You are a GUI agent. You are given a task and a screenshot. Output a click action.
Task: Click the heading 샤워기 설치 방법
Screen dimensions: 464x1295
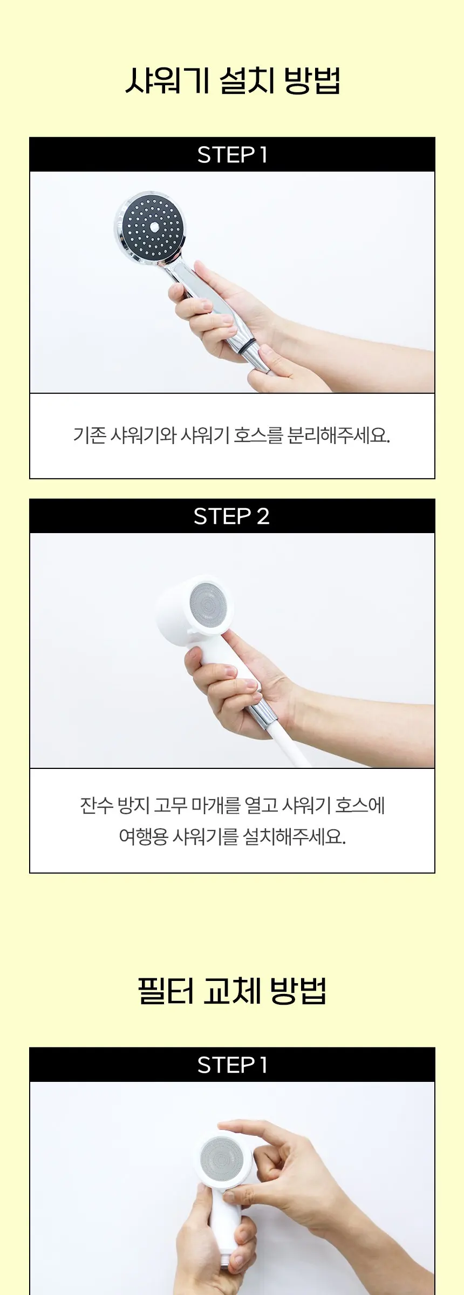click(233, 81)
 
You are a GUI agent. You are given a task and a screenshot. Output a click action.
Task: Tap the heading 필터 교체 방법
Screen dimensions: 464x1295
click(233, 991)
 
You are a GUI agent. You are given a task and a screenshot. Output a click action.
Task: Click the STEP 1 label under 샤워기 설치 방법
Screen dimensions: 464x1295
click(233, 155)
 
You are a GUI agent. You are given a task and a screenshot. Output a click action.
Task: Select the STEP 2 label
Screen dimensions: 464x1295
click(231, 516)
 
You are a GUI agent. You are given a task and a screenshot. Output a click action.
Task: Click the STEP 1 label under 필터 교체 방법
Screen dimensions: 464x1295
click(233, 1065)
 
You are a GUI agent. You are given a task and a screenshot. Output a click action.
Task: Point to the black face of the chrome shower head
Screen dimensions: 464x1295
click(153, 226)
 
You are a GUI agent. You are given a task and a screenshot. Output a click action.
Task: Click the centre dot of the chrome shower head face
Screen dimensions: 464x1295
click(155, 227)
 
